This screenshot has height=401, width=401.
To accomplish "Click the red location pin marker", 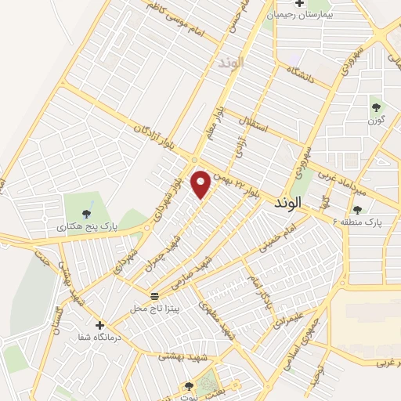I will [201, 183].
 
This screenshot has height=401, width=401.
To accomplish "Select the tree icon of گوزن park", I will [377, 107].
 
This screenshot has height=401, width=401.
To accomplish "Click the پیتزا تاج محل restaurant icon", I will [154, 295].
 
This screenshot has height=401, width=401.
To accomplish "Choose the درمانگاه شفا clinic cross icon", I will [99, 325].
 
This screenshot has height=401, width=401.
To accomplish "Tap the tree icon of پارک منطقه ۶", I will [358, 209].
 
